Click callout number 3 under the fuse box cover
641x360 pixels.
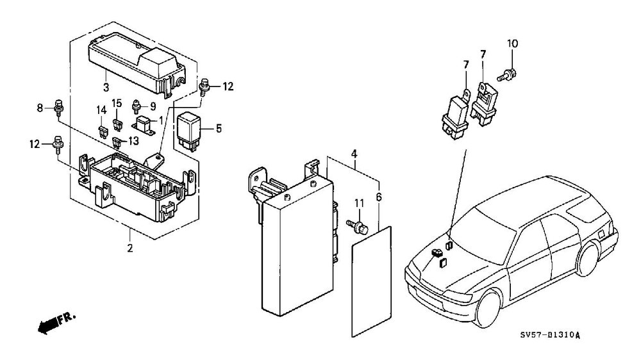(x=106, y=88)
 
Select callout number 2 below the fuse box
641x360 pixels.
(x=130, y=248)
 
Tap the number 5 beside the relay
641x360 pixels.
(x=219, y=129)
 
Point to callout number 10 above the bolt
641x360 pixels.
(x=513, y=44)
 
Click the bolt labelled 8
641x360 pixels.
(x=59, y=108)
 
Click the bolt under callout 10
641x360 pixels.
(x=507, y=74)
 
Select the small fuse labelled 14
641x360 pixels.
(x=103, y=131)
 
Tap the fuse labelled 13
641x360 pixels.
(x=118, y=143)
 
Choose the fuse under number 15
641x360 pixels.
(x=118, y=124)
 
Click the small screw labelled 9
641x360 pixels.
(x=137, y=107)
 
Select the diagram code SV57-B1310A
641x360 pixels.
(x=550, y=336)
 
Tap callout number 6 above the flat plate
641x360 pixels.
(x=379, y=198)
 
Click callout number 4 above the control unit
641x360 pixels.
(x=354, y=154)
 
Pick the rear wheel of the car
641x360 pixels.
(x=587, y=258)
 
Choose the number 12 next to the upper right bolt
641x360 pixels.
(x=228, y=86)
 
